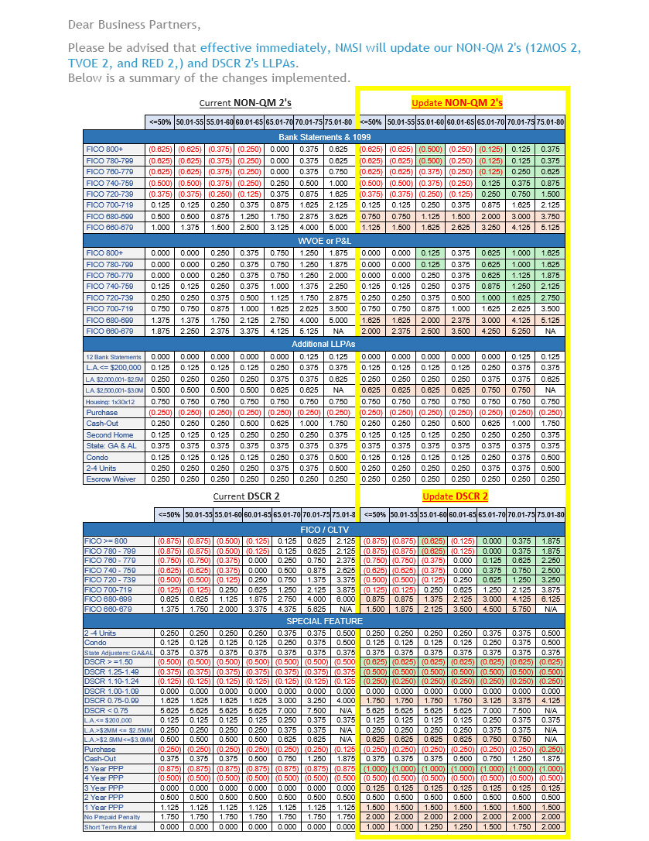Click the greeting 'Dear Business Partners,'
134,25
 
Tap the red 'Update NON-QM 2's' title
457,102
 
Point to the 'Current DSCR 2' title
247,496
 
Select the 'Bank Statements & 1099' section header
325,137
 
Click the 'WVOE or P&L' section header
325,241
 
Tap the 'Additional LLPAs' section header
325,344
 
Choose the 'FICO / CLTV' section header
325,529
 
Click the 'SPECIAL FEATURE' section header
325,621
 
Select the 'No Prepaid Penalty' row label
113,817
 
